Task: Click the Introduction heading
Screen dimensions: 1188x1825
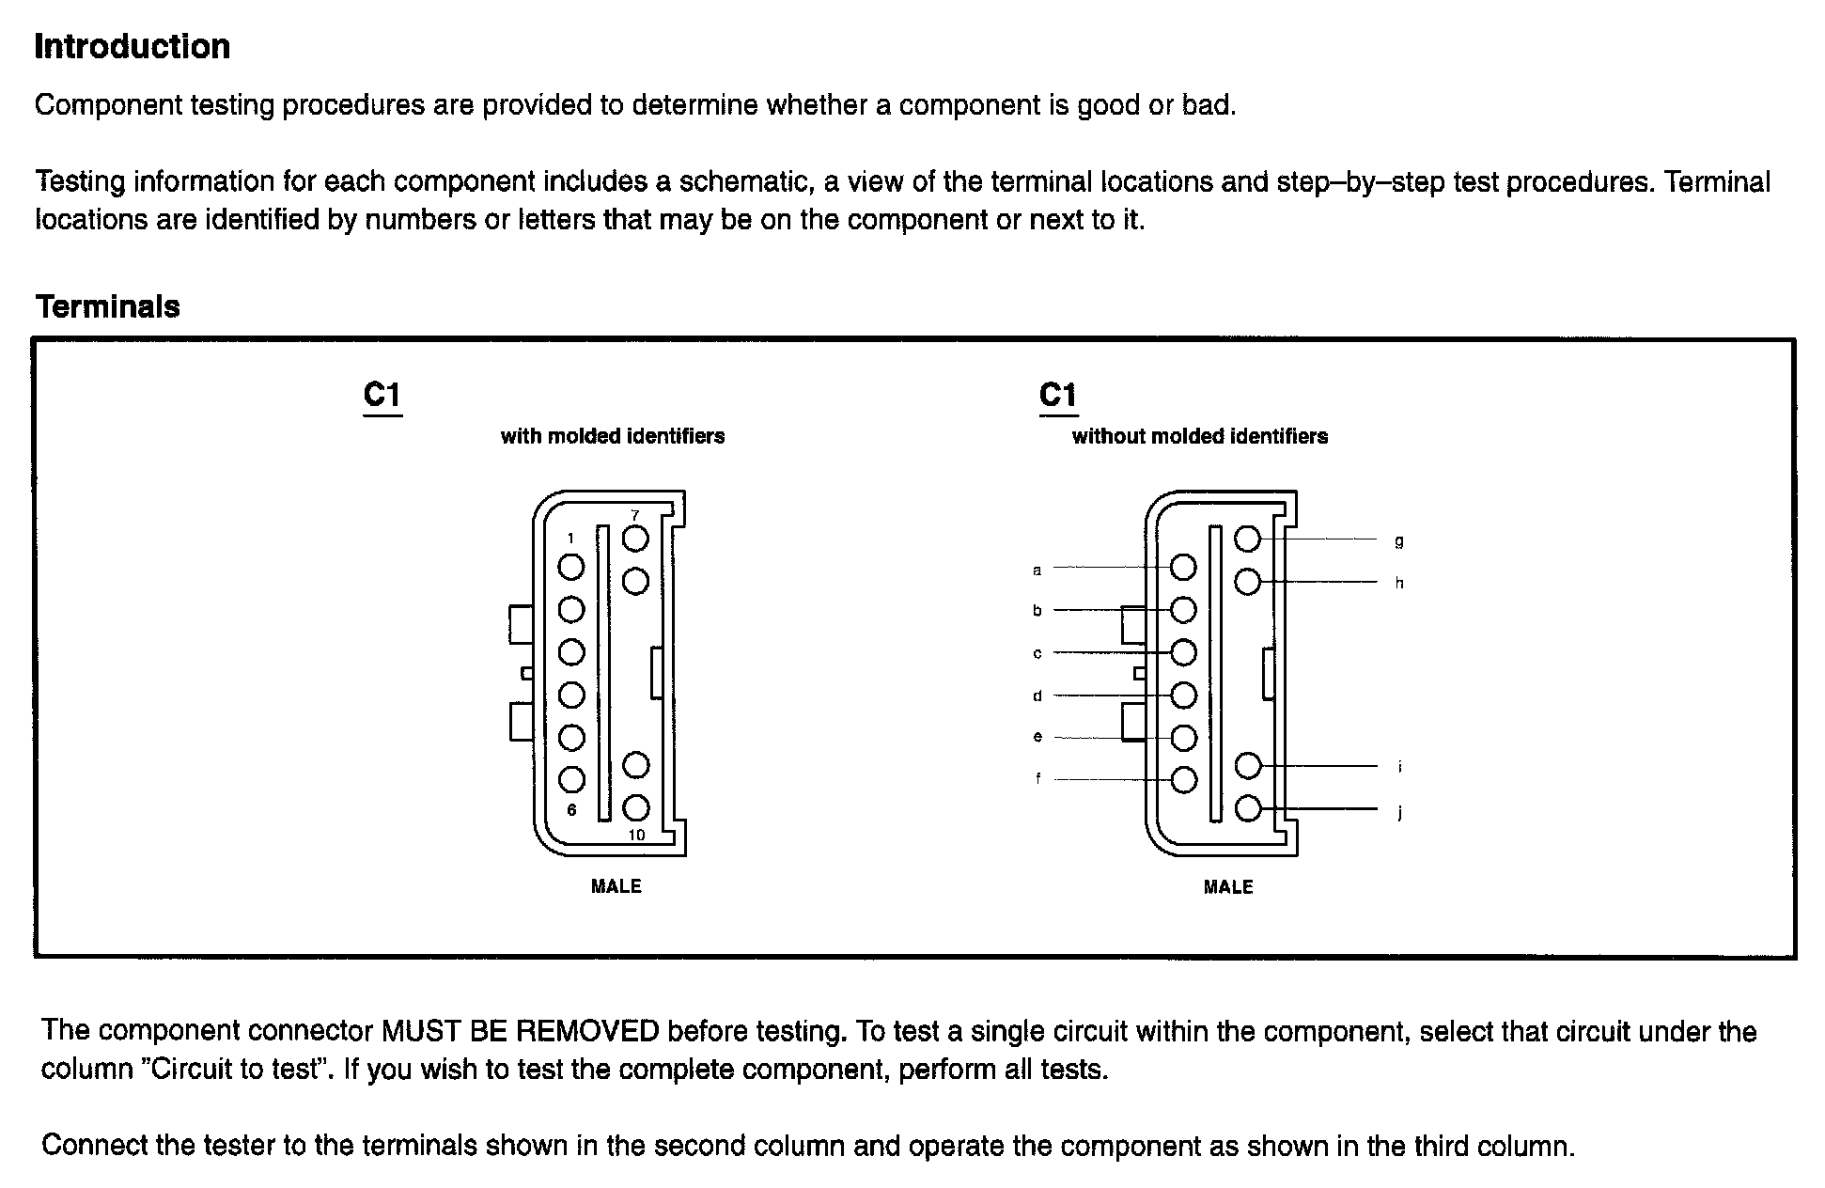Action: pos(132,47)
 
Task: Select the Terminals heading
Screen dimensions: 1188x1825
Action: pos(107,306)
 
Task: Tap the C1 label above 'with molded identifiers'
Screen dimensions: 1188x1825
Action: pos(382,396)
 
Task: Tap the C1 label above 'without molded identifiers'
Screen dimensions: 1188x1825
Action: pos(1058,396)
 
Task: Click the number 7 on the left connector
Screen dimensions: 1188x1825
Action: pos(635,515)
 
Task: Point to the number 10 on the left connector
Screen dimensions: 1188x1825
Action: pos(636,835)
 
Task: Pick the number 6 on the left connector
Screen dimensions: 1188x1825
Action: pos(571,809)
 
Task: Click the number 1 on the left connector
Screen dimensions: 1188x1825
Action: pos(570,539)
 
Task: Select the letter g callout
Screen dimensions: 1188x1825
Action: pos(1398,541)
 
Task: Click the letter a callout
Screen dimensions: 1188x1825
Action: pos(1037,570)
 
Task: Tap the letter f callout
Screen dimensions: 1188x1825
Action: pos(1037,778)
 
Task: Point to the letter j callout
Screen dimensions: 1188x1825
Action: pos(1399,811)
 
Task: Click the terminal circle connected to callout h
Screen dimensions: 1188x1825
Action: pos(1247,582)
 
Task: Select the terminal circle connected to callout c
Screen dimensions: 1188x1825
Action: pos(1183,652)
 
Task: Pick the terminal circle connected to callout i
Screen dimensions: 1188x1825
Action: pos(1247,766)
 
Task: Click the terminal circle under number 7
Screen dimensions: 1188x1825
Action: pos(636,539)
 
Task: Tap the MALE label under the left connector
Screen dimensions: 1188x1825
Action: pos(616,886)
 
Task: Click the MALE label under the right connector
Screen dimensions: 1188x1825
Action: pos(1228,886)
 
